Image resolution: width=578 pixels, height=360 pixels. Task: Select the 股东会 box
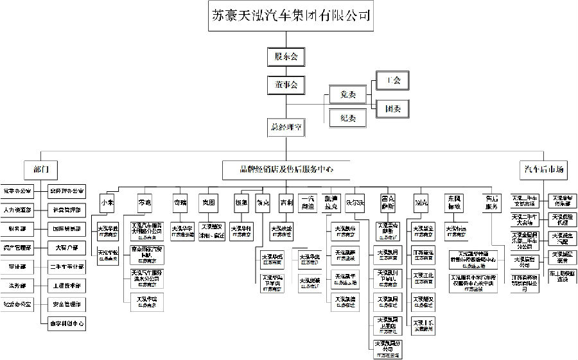click(x=286, y=56)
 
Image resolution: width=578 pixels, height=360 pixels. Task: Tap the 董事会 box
click(x=286, y=84)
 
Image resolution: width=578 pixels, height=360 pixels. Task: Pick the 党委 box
click(x=347, y=95)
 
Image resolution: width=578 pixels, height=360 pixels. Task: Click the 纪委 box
click(x=347, y=117)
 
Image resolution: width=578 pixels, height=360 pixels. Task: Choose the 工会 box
click(x=392, y=81)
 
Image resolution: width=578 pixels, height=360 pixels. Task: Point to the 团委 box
click(x=392, y=109)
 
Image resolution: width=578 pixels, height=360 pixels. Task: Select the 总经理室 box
click(x=286, y=127)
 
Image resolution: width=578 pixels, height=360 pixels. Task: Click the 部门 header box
click(x=41, y=169)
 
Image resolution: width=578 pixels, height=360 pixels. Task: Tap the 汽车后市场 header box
click(x=543, y=169)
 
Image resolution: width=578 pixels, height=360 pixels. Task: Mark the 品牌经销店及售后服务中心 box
click(x=286, y=169)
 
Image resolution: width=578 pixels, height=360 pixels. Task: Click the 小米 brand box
click(x=107, y=202)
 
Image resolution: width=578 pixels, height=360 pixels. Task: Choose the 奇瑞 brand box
click(x=180, y=202)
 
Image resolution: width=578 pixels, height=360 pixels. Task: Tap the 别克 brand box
click(x=421, y=202)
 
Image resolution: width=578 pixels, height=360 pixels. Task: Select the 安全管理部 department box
click(x=66, y=304)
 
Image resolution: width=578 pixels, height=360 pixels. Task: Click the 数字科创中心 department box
click(x=66, y=323)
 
